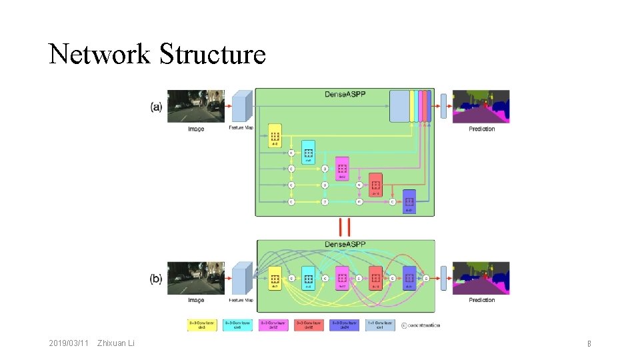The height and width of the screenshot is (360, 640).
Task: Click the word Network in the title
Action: [99, 54]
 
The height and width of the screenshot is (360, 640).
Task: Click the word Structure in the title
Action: [213, 54]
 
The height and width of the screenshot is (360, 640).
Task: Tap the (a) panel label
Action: [156, 107]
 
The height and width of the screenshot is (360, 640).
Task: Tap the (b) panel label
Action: [156, 279]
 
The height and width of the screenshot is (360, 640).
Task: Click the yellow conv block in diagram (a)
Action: [275, 135]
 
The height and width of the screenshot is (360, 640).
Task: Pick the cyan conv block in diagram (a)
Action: [309, 152]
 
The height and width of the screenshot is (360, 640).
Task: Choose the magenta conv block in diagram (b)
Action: [342, 278]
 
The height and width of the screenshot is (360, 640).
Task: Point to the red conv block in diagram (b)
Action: [375, 278]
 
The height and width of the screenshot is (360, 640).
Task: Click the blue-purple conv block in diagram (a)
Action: [409, 201]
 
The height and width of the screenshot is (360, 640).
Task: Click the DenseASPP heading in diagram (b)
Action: [345, 245]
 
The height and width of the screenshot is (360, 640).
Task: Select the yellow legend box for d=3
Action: [202, 325]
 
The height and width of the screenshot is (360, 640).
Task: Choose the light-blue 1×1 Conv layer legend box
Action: [379, 325]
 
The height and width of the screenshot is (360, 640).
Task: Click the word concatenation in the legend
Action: [424, 325]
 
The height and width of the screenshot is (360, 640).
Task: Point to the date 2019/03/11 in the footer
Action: [69, 343]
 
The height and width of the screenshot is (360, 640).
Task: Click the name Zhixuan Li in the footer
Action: [116, 343]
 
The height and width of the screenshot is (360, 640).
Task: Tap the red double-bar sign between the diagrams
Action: [344, 227]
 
